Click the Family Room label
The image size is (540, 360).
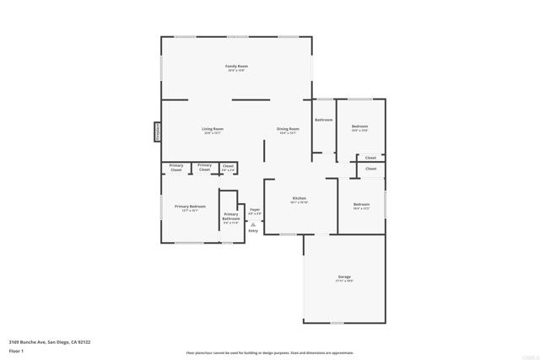click(236, 66)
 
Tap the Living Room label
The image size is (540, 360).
click(212, 129)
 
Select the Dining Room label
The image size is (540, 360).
click(288, 129)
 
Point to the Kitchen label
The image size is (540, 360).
click(299, 198)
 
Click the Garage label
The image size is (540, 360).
click(344, 277)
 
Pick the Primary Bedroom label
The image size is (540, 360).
click(190, 207)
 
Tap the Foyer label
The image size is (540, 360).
click(254, 208)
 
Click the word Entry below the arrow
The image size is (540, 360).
click(253, 231)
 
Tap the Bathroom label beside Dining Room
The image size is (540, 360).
click(324, 120)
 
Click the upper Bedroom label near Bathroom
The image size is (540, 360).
click(359, 126)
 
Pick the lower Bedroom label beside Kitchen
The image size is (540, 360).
click(361, 204)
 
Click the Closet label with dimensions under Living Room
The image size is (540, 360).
click(228, 166)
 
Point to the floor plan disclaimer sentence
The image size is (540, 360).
click(270, 353)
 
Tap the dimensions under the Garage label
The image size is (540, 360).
click(344, 281)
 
